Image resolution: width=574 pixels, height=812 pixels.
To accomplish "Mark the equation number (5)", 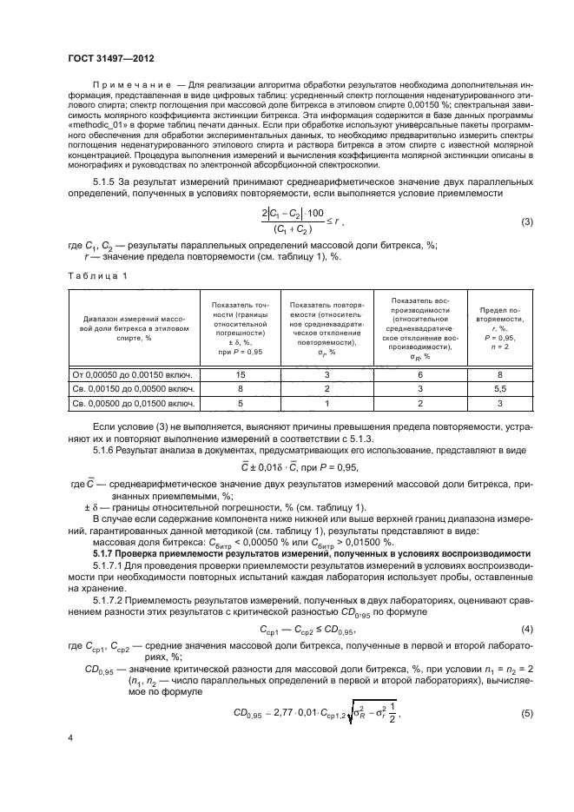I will (526, 713).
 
